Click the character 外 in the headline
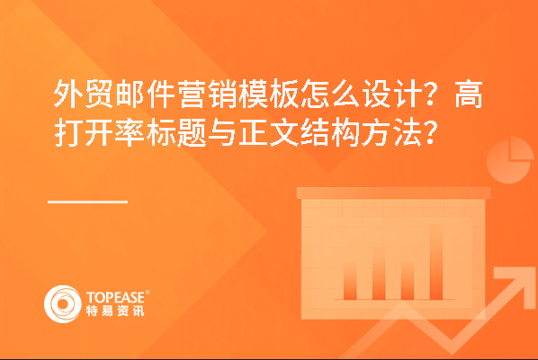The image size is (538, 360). [x=67, y=94]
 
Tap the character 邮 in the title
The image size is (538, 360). [x=130, y=94]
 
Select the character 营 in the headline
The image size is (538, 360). [x=191, y=94]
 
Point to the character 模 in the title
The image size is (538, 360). [x=252, y=94]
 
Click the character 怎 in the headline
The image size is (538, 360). [x=314, y=94]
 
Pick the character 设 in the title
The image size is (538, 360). [x=375, y=94]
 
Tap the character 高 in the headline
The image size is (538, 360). [x=469, y=94]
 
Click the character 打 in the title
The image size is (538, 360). [x=67, y=132]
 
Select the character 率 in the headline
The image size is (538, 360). [x=130, y=132]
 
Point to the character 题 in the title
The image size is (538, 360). [x=191, y=132]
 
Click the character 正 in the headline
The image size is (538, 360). [x=252, y=132]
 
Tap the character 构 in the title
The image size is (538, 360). [x=345, y=132]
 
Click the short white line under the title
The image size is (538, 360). [x=88, y=202]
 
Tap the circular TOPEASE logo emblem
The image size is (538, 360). [x=63, y=304]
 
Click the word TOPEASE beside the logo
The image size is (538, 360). [x=116, y=297]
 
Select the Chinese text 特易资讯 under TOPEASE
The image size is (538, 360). [x=115, y=310]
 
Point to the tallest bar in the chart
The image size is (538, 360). [x=436, y=262]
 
